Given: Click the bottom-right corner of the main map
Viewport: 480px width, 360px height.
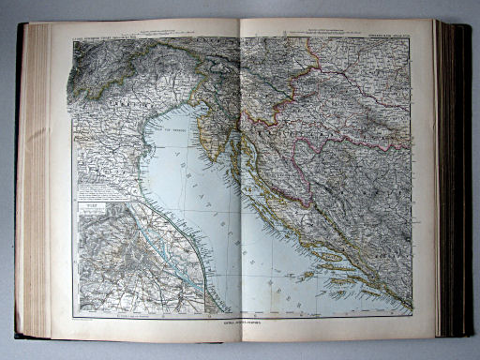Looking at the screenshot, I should (412, 313).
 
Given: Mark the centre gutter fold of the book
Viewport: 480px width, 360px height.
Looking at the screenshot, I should (241, 178).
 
